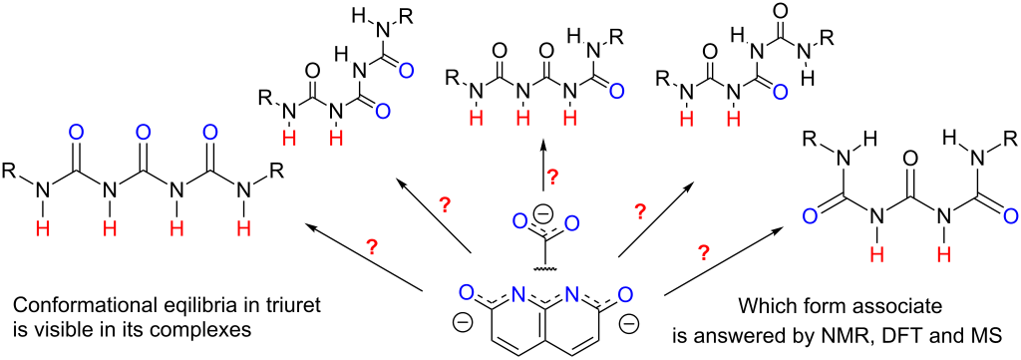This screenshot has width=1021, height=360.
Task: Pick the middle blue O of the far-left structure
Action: coord(144,131)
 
